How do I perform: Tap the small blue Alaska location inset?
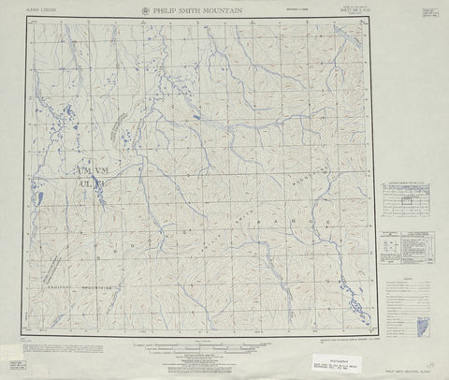coord(422,325)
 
